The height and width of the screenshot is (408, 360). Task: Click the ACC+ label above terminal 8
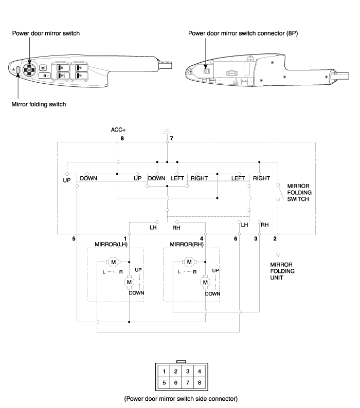pos(118,129)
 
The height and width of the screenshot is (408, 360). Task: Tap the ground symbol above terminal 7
pos(167,132)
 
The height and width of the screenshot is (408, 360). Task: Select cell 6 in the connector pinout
pos(175,383)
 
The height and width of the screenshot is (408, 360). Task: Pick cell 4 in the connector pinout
pos(199,372)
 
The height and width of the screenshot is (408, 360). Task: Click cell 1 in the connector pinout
pos(164,372)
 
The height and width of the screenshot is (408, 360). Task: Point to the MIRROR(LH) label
pos(111,244)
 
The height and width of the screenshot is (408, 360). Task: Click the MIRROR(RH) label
pos(187,244)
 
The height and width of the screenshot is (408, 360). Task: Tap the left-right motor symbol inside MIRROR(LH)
pos(113,262)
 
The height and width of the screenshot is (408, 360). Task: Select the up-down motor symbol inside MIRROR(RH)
pos(205,282)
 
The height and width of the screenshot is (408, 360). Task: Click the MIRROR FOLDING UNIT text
pos(282,271)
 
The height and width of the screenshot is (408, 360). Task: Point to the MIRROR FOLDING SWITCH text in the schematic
pos(299,193)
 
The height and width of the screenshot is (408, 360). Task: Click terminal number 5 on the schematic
pos(74,238)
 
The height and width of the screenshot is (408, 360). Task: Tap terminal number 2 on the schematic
pos(275,238)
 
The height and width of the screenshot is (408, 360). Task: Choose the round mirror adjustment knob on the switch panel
pos(29,70)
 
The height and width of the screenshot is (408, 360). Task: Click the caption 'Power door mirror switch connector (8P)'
pos(243,33)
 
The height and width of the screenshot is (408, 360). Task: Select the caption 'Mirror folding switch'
pos(39,104)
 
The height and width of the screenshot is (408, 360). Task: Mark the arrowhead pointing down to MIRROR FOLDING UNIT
pos(278,254)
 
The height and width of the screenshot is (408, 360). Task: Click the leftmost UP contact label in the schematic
pos(67,180)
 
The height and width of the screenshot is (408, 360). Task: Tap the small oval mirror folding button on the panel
pos(17,70)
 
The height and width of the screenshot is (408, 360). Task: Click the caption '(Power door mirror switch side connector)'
pos(181,399)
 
